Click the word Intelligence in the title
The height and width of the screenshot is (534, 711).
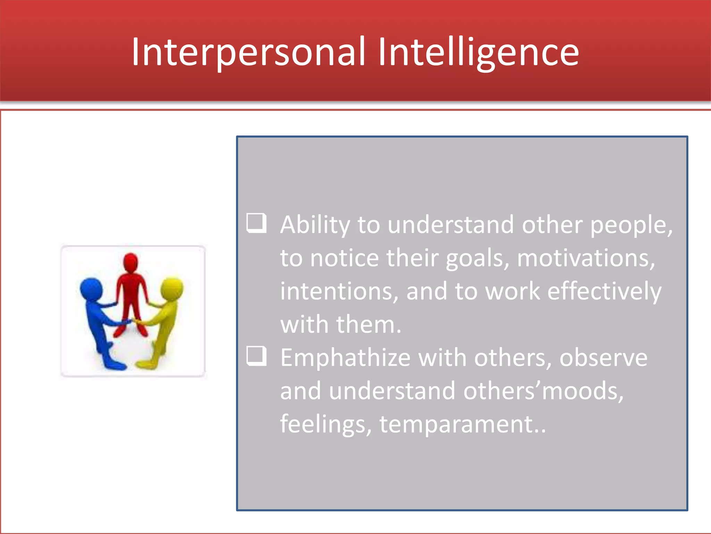(x=478, y=52)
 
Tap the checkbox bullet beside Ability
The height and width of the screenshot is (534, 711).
(x=257, y=223)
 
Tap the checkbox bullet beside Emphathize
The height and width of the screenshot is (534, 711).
(x=257, y=356)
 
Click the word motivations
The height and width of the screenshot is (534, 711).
(x=586, y=258)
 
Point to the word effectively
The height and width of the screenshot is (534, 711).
(x=604, y=291)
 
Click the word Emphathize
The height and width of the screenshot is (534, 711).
(x=345, y=358)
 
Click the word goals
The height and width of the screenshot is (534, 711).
(x=477, y=259)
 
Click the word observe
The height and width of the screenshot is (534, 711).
(x=603, y=358)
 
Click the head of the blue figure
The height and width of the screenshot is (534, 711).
(x=91, y=289)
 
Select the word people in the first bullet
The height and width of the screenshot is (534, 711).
(x=630, y=226)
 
